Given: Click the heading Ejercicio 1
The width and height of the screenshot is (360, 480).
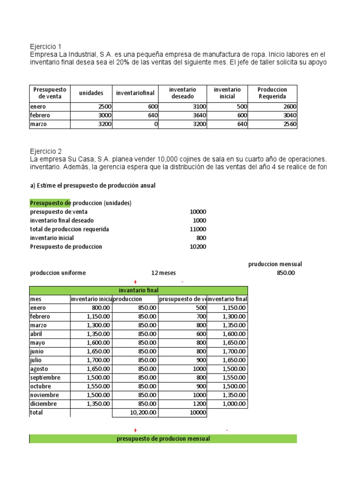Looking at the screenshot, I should click(x=45, y=46).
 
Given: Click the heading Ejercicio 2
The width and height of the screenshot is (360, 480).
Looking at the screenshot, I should click(x=45, y=151).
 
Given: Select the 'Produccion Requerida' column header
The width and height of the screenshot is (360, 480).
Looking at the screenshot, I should click(x=272, y=93).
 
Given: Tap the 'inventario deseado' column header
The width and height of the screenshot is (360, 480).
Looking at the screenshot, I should click(x=182, y=93).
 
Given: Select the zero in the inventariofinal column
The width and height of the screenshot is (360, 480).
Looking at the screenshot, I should click(x=156, y=124).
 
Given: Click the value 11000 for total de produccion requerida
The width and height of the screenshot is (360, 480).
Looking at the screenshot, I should click(x=197, y=229).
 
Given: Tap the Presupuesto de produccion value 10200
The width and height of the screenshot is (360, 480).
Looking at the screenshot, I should click(x=197, y=247).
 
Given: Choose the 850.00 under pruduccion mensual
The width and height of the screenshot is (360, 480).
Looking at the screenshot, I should click(x=286, y=273).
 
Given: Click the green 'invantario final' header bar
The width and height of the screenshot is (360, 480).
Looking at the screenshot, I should click(x=138, y=291).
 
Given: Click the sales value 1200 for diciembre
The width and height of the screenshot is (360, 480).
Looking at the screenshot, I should click(x=199, y=403).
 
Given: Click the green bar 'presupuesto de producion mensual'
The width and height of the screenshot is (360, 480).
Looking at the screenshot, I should click(x=163, y=439).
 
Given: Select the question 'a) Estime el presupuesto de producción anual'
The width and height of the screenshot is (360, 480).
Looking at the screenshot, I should click(x=92, y=186).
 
